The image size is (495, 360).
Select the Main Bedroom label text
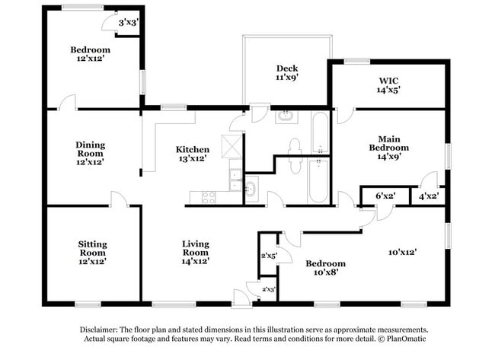388,148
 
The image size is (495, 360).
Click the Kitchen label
192,149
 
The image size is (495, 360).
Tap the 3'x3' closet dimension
127,23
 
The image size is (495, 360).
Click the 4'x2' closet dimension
429,196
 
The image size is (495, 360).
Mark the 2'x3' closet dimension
268,289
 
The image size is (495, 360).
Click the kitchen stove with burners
207,197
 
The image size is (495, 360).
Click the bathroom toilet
295,145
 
